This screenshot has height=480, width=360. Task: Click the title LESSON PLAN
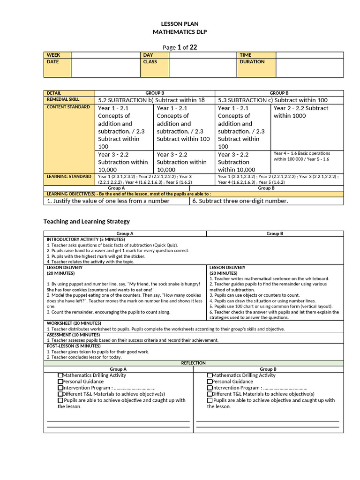click(180, 23)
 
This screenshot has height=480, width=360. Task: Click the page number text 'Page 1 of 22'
click(180, 47)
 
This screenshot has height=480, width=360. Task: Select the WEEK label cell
click(57, 55)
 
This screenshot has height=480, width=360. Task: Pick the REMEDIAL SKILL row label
click(69, 99)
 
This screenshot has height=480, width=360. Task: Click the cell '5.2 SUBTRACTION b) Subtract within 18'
click(151, 100)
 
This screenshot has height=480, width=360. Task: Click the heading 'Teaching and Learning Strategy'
click(87, 221)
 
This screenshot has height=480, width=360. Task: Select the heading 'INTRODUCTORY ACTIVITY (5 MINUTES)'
click(86, 239)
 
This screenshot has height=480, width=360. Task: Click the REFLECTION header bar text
click(194, 363)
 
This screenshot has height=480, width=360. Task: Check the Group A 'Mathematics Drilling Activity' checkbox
click(60, 375)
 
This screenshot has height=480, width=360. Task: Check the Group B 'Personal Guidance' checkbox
click(210, 382)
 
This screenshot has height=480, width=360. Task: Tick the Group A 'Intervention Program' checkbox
click(60, 388)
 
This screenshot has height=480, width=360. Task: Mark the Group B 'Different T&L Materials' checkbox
click(210, 394)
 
